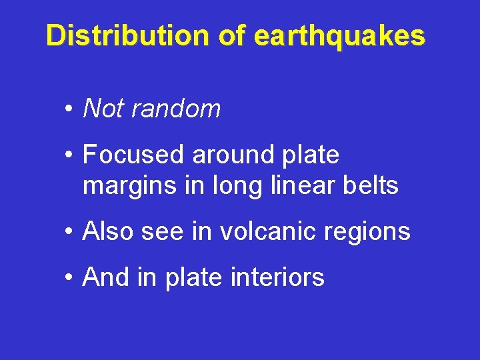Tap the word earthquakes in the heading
pyautogui.click(x=339, y=36)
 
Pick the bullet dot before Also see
pyautogui.click(x=69, y=233)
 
